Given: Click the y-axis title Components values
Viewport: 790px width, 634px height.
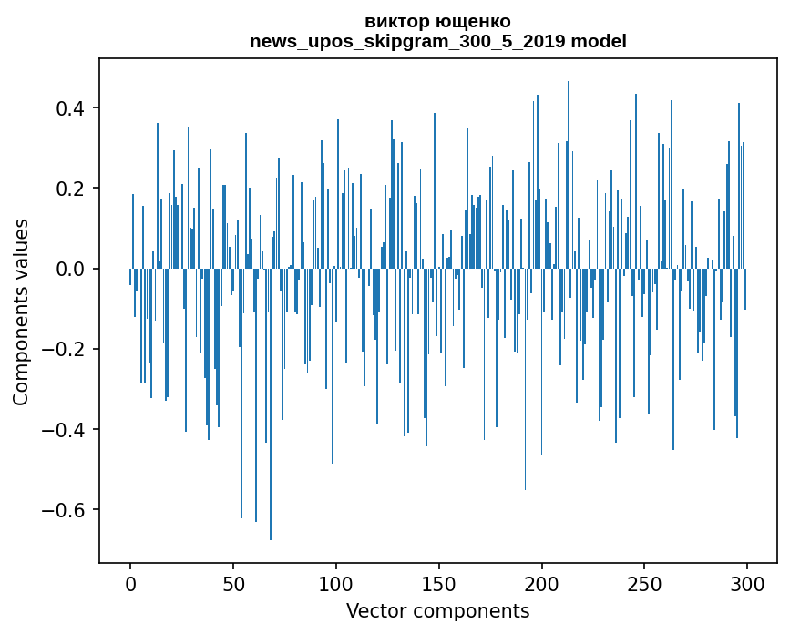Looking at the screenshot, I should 21,312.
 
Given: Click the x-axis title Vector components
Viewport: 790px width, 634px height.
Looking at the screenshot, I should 437,611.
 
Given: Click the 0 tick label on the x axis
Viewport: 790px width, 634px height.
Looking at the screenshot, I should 130,583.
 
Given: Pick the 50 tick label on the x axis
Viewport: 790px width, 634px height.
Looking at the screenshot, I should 233,583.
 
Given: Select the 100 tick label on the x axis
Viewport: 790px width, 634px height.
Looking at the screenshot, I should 336,583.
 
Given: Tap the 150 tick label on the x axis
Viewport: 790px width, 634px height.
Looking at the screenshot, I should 439,583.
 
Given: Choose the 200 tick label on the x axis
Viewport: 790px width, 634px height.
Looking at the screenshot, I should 542,583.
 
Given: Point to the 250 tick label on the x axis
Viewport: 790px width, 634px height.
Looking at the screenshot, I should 645,583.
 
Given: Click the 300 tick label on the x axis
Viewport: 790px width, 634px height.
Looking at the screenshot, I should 748,583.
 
